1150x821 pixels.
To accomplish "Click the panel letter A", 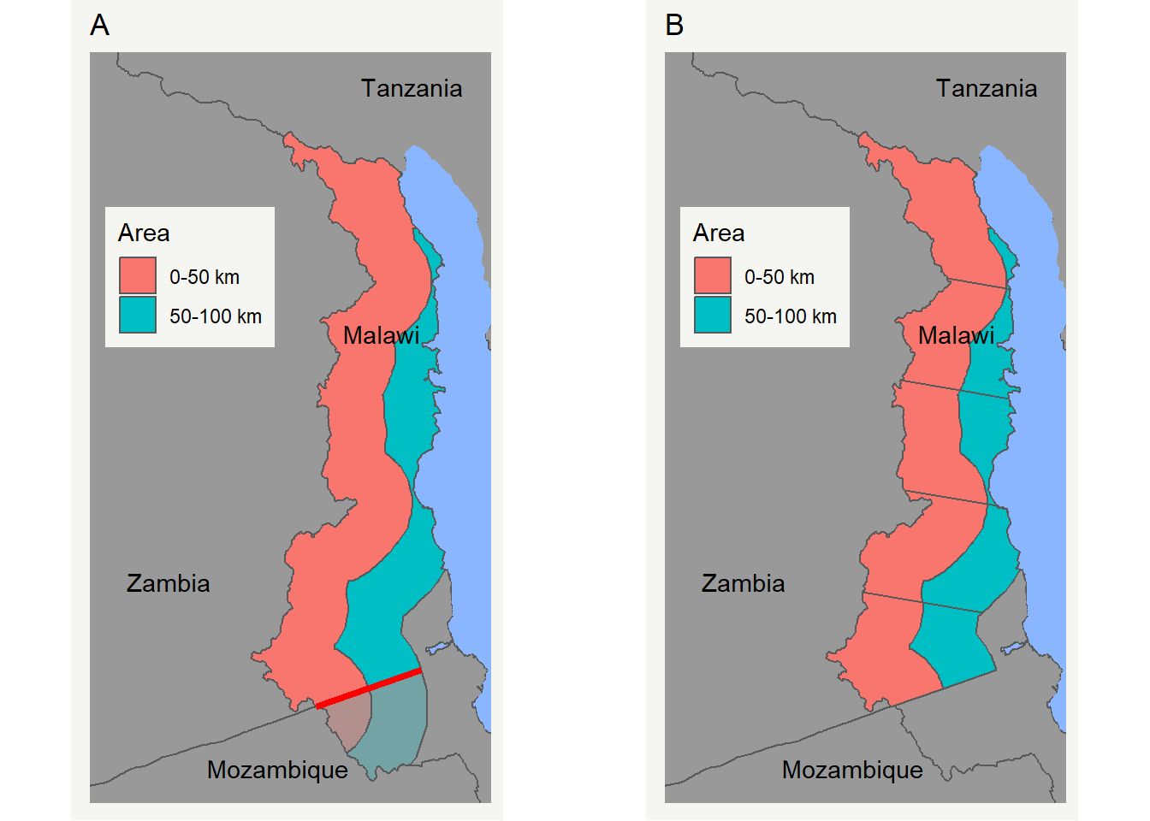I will [99, 26].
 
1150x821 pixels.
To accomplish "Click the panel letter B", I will [674, 26].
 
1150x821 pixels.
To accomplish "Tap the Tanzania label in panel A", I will [411, 88].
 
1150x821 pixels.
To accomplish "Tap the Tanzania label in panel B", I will [986, 88].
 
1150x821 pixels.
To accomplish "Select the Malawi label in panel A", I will [381, 335].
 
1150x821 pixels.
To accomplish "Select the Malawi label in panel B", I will [956, 335].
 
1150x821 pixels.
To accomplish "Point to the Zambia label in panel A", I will [168, 583].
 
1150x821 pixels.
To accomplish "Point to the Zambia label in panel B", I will [743, 583].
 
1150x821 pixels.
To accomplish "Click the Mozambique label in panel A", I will [277, 770].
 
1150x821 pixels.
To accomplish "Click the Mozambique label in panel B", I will [852, 770].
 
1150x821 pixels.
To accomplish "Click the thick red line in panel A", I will [369, 688].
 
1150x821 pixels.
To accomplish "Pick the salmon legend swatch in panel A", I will [138, 275].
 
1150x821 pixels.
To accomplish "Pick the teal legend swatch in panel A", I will [138, 315].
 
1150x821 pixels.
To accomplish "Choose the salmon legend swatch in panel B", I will [713, 275].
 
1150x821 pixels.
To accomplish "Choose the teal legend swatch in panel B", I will [713, 315].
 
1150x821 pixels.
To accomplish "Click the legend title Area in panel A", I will [144, 233].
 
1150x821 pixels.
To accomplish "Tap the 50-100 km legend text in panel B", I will [790, 316].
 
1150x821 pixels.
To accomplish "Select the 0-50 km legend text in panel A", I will [205, 277].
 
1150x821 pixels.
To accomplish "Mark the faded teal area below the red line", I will [395, 727].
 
